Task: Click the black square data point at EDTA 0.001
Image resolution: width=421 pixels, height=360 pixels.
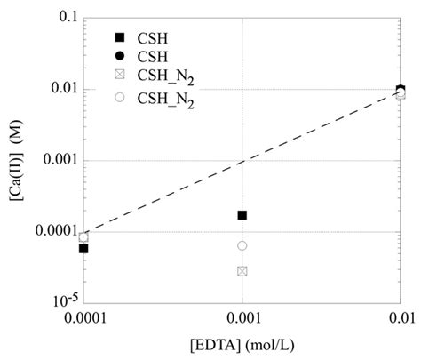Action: tap(242, 215)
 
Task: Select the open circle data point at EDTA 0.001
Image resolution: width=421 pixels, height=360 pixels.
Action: tap(242, 245)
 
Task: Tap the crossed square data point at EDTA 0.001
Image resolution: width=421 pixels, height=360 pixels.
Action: tap(242, 270)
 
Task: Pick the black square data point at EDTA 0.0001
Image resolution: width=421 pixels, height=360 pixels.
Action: tap(83, 248)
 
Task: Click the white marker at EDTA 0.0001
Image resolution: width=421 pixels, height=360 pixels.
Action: tap(83, 237)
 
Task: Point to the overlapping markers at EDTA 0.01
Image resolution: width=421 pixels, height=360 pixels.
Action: tap(401, 92)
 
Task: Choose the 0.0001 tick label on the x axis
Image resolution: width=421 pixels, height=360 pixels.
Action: tap(83, 318)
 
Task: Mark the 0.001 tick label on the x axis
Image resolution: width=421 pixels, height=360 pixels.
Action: tap(242, 318)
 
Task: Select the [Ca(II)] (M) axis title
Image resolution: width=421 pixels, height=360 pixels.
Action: tap(14, 160)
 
